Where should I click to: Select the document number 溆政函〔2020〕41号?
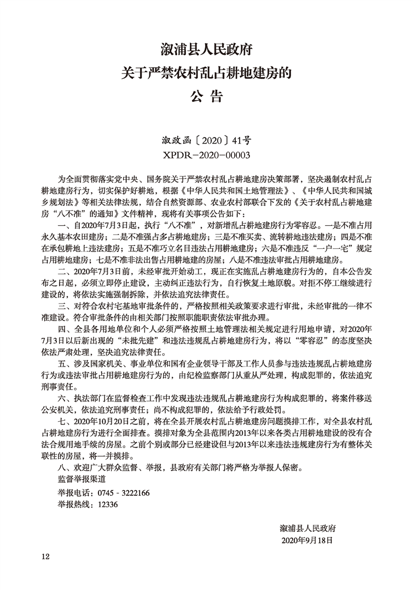point(206,140)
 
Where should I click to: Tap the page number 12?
point(45,557)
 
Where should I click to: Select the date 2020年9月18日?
point(306,540)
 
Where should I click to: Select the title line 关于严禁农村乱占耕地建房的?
point(206,73)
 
